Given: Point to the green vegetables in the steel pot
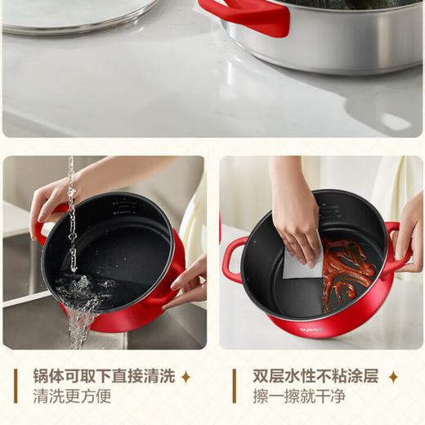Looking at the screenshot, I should pyautogui.click(x=360, y=4).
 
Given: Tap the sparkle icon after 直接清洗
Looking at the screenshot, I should pyautogui.click(x=186, y=377).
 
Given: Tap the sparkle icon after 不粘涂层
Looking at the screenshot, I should pyautogui.click(x=393, y=377).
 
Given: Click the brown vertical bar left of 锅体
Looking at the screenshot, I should pyautogui.click(x=17, y=387).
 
